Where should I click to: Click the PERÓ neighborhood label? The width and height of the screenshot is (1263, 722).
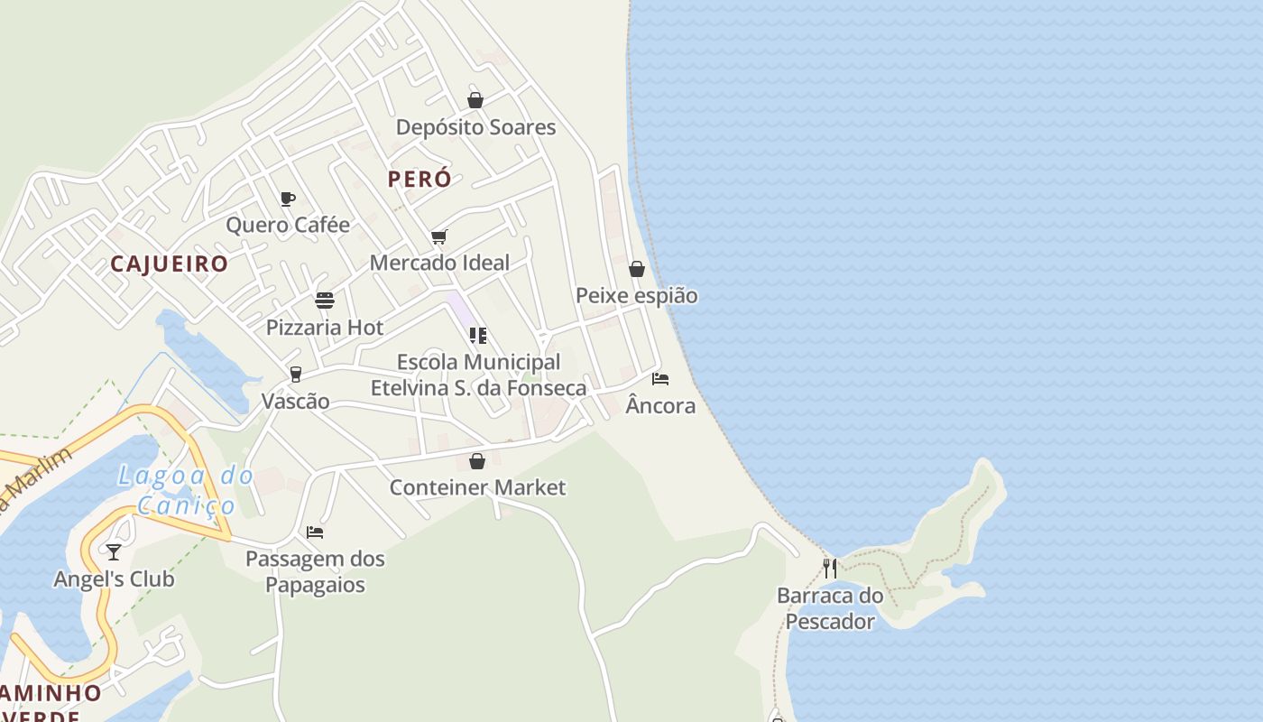[x=419, y=179]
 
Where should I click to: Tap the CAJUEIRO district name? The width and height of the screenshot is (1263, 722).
[x=169, y=264]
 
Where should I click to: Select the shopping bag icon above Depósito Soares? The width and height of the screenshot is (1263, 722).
[x=475, y=100]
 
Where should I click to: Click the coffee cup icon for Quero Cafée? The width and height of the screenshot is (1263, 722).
[x=288, y=199]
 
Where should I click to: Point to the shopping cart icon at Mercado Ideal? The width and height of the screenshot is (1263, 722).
[x=439, y=236]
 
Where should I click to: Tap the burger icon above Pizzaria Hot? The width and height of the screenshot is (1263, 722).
[x=325, y=301]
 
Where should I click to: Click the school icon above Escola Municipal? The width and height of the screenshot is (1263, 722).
[x=478, y=336]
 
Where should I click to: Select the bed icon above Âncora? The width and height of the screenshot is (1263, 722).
[x=660, y=379]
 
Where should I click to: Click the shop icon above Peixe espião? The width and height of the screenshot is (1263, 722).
[x=637, y=269]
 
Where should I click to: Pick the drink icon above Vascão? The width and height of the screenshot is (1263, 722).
[x=295, y=375]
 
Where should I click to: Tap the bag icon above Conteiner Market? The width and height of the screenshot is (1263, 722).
[x=477, y=461]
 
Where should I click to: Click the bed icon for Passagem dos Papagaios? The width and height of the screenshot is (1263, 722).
[x=315, y=532]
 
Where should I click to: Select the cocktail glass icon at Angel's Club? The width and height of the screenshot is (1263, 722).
[x=114, y=551]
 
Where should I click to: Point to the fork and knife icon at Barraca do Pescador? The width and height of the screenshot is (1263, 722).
[x=830, y=569]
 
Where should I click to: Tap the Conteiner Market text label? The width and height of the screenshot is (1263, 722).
[x=477, y=487]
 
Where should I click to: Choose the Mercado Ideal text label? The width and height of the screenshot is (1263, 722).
[x=439, y=263]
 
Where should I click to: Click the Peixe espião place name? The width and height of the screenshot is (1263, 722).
[x=637, y=295]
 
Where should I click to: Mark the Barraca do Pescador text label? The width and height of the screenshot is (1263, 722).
[x=830, y=608]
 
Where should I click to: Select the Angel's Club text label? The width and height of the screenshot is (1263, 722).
[x=114, y=579]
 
